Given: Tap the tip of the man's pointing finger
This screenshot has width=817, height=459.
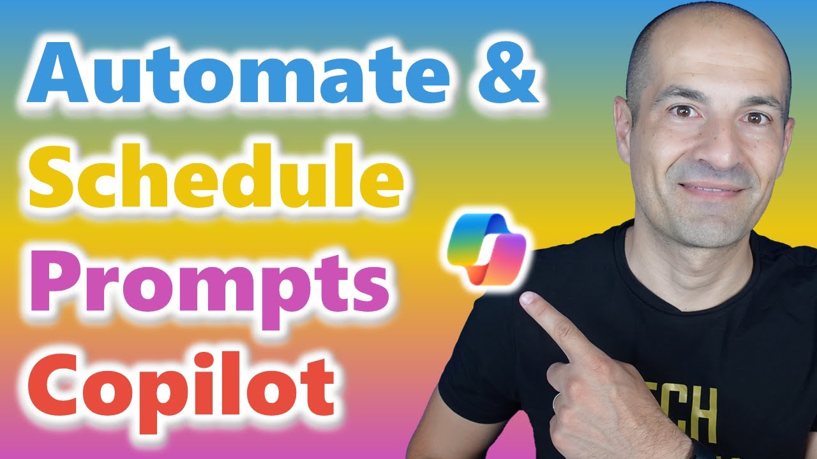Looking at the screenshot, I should pyautogui.click(x=527, y=300).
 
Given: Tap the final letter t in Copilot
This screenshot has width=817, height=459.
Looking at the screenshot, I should pyautogui.click(x=319, y=382).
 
